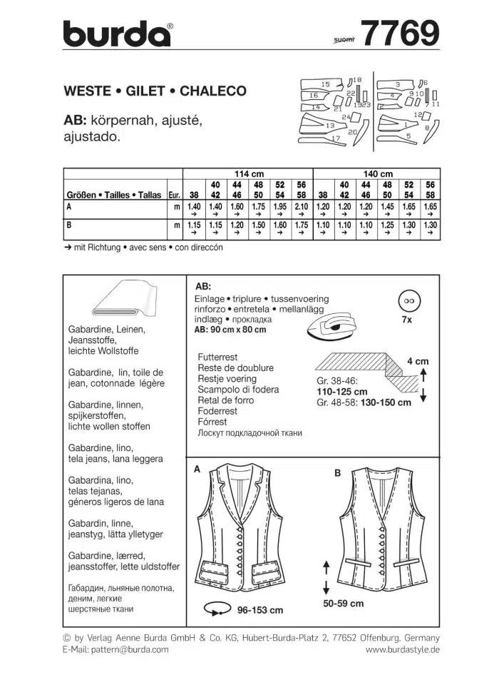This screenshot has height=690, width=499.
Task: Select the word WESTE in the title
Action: tap(87, 91)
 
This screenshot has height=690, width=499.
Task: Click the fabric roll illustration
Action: tap(125, 300)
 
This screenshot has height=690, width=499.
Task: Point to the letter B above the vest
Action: tap(338, 472)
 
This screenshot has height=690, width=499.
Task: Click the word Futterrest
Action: tap(217, 357)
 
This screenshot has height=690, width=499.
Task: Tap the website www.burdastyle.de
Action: tap(402, 649)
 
